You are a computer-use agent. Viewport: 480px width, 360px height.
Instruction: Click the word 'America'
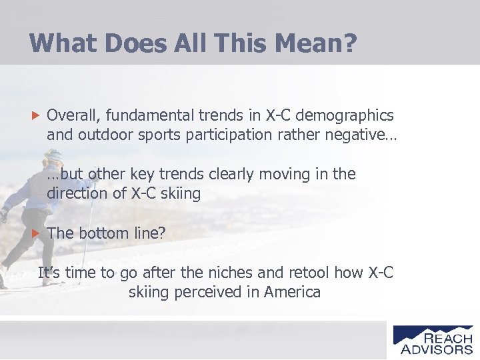(x=292, y=292)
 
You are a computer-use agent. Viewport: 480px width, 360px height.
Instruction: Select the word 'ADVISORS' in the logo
(x=437, y=349)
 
